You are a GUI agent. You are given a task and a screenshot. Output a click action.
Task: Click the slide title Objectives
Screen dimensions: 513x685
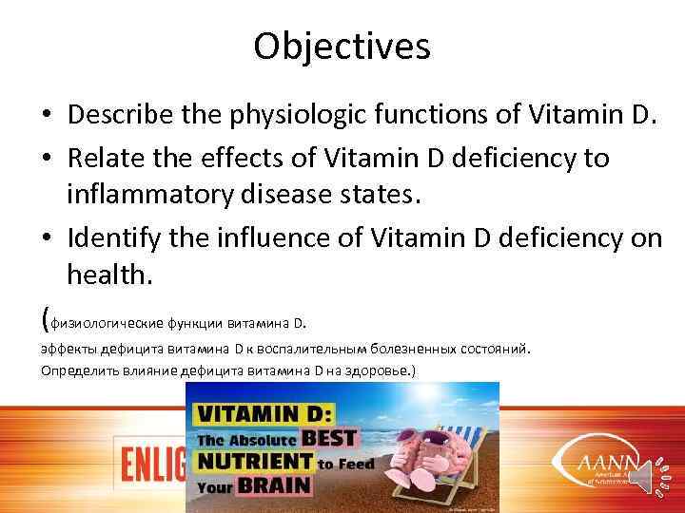click(342, 45)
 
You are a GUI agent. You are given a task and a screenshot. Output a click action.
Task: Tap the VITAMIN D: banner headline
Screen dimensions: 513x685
click(264, 413)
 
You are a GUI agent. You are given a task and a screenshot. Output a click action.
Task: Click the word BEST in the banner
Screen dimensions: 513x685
click(328, 439)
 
